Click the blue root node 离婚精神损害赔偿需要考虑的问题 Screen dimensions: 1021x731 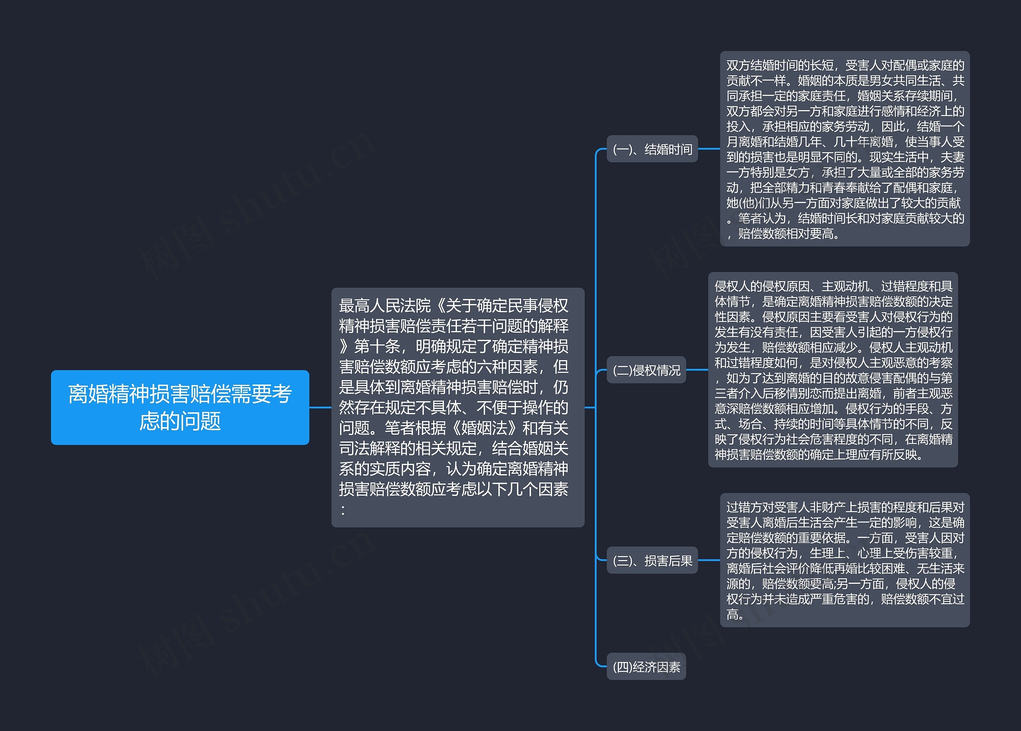pyautogui.click(x=179, y=407)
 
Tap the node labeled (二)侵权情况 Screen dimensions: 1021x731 pyautogui.click(x=646, y=370)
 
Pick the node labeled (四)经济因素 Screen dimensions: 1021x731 pyautogui.click(x=646, y=667)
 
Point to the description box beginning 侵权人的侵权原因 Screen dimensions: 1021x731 pyautogui.click(x=833, y=370)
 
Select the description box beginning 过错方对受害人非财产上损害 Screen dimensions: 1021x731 pyautogui.click(x=845, y=560)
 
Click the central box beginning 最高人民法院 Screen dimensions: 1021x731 pyautogui.click(x=457, y=407)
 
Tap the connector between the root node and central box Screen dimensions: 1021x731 pyautogui.click(x=320, y=407)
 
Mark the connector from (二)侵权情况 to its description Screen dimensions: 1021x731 pyautogui.click(x=697, y=370)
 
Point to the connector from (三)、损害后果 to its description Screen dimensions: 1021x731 pyautogui.click(x=709, y=560)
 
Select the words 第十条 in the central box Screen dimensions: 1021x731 pyautogui.click(x=377, y=347)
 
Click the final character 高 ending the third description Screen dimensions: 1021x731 pyautogui.click(x=732, y=615)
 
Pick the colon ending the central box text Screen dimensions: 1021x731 pyautogui.click(x=343, y=510)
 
